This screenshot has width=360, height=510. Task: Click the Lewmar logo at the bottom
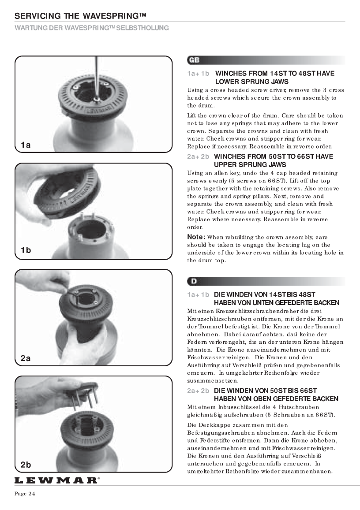pyautogui.click(x=56, y=480)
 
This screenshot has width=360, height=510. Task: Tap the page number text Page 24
pyautogui.click(x=25, y=494)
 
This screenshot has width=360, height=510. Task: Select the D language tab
pyautogui.click(x=193, y=281)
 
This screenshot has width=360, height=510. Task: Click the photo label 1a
pyautogui.click(x=26, y=145)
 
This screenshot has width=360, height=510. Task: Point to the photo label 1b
pyautogui.click(x=26, y=250)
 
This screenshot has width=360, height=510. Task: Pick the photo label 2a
pyautogui.click(x=26, y=358)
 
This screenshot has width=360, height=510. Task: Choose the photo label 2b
pyautogui.click(x=26, y=465)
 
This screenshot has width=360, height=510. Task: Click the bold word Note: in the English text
pyautogui.click(x=196, y=237)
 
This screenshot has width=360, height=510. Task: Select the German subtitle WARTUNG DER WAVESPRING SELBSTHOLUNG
pyautogui.click(x=92, y=28)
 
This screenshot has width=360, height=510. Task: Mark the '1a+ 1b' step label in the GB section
pyautogui.click(x=198, y=74)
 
